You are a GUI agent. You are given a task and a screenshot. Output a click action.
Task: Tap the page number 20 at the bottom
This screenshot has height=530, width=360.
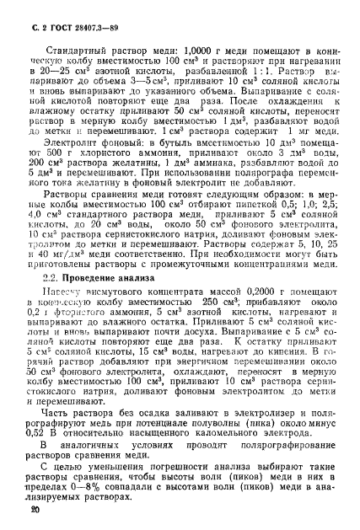[x=34, y=511]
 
